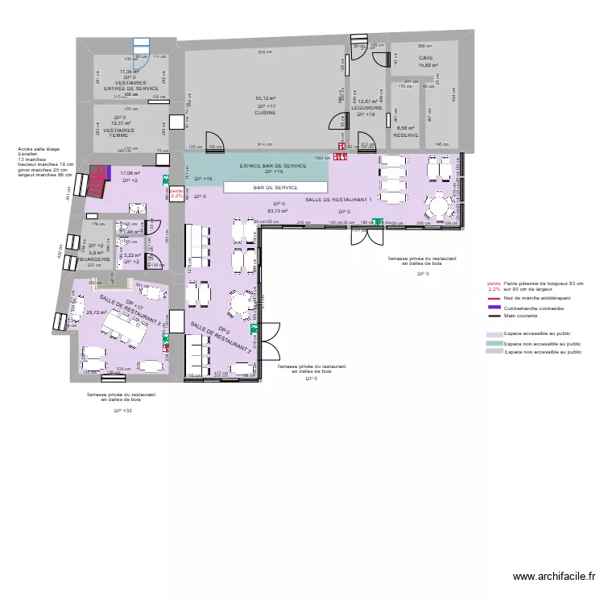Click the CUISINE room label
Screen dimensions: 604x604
click(266, 113)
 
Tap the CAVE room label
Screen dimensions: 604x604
click(425, 58)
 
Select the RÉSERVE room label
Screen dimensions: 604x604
click(405, 135)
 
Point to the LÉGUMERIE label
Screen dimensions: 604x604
click(366, 108)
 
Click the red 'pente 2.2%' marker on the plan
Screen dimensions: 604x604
click(176, 192)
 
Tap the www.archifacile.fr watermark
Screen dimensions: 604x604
click(554, 577)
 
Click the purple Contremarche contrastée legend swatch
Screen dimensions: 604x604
click(493, 308)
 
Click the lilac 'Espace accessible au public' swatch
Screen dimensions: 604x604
click(493, 333)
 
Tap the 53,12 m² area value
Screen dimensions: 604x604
click(266, 99)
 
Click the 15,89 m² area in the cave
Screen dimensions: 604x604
click(425, 65)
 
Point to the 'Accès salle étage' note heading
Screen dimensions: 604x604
click(38, 149)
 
